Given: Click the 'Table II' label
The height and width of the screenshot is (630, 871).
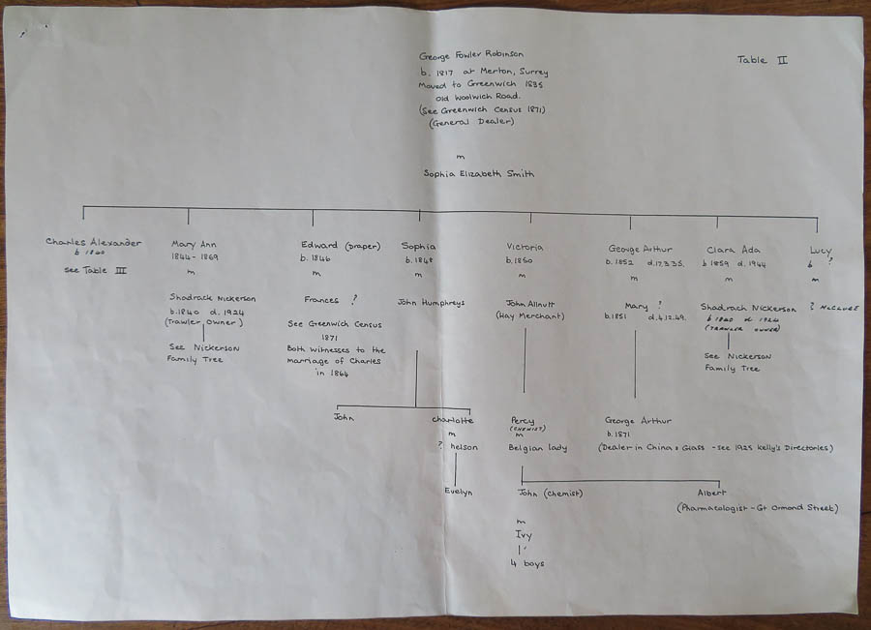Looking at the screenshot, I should pos(762,60).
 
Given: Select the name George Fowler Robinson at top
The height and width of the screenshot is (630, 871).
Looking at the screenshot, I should pos(471,56).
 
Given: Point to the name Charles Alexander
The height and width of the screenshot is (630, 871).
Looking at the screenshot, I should pos(93,242).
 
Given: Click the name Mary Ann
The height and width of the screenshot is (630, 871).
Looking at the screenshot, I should pos(192,245).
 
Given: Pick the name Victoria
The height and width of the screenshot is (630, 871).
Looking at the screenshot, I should pos(525,247).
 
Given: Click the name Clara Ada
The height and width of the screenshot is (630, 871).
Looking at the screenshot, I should pos(733,249).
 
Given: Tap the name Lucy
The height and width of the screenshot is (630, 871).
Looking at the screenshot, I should pos(820,251).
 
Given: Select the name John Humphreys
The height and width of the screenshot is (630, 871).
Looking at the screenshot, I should pos(431,303).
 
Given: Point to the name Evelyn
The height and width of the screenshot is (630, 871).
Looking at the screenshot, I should pos(458,493).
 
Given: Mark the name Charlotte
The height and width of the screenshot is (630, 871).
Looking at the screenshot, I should pos(453,420).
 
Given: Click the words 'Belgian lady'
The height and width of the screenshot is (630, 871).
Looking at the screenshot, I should pos(537,449).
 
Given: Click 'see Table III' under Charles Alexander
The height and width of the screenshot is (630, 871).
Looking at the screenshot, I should pos(94,270).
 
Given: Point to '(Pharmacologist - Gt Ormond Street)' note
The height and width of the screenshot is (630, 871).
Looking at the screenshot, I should pos(756,508).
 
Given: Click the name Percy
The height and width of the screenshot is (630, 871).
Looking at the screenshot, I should pos(523,420).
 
